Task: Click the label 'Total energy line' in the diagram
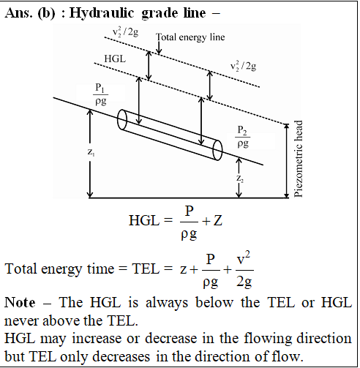click(x=190, y=37)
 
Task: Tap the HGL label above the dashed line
click(x=115, y=59)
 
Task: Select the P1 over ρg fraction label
click(x=101, y=94)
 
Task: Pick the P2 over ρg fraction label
click(x=243, y=137)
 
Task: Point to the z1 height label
click(x=91, y=152)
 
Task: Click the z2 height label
click(x=240, y=179)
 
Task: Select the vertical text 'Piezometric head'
click(x=298, y=159)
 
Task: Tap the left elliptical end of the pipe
click(x=122, y=120)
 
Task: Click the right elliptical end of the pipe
click(x=217, y=150)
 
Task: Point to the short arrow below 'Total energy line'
click(x=159, y=48)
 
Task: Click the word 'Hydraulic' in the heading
click(x=102, y=13)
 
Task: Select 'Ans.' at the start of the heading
click(x=18, y=12)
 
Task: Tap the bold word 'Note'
click(x=20, y=302)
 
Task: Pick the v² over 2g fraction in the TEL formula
click(x=244, y=270)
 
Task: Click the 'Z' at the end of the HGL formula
click(x=218, y=220)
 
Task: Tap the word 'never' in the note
click(x=22, y=321)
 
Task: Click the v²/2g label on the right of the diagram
click(x=243, y=66)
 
